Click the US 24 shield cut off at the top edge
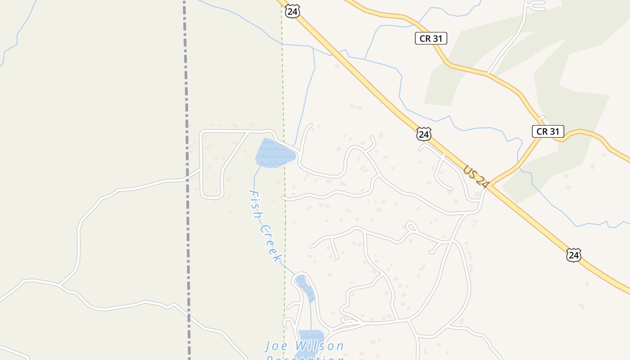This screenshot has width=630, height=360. pyautogui.click(x=292, y=11)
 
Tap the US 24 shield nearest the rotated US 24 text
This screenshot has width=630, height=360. pyautogui.click(x=423, y=134)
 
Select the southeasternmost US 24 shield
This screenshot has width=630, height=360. pyautogui.click(x=573, y=255)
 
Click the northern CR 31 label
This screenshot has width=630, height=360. pyautogui.click(x=431, y=39)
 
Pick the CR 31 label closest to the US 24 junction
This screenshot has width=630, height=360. pyautogui.click(x=548, y=131)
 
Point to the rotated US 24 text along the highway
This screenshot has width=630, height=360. pyautogui.click(x=476, y=176)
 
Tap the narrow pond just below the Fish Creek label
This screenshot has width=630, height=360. pyautogui.click(x=305, y=288)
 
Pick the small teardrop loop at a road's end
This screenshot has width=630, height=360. pyautogui.click(x=411, y=226)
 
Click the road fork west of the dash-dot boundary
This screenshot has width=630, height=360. pyautogui.click(x=59, y=284)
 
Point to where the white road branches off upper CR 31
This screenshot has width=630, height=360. pyautogui.click(x=488, y=74)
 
